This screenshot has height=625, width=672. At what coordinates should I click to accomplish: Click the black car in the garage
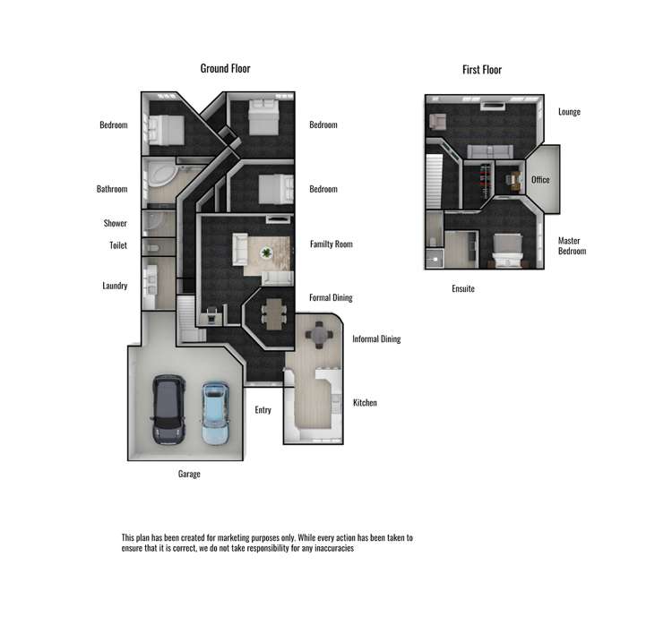click(168, 410)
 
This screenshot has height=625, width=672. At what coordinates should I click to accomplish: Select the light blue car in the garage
click(215, 414)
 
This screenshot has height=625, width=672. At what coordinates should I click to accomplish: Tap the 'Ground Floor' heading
click(225, 68)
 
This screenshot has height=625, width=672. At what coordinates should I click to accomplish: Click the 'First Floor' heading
click(482, 69)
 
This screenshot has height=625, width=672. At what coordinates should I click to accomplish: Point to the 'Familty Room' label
click(332, 244)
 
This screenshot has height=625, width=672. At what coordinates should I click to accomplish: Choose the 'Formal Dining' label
click(332, 297)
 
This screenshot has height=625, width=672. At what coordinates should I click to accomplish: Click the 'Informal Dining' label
click(376, 339)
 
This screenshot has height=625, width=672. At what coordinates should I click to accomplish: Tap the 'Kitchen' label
click(365, 403)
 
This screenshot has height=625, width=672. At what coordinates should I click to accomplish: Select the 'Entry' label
click(263, 410)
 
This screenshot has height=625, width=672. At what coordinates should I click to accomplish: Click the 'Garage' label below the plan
click(189, 474)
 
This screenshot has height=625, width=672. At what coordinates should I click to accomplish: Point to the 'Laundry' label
click(115, 287)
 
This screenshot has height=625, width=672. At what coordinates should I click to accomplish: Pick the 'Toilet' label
click(118, 245)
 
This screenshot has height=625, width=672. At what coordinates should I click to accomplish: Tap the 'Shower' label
click(115, 224)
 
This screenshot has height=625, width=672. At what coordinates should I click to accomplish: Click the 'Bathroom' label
click(112, 189)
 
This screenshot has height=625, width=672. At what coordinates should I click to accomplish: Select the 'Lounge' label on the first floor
click(569, 112)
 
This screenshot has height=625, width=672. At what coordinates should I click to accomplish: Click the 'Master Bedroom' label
click(572, 246)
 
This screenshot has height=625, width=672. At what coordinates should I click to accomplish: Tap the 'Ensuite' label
click(463, 289)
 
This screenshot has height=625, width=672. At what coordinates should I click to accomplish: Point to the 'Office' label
click(540, 180)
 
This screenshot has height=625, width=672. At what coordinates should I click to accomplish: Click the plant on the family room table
click(266, 253)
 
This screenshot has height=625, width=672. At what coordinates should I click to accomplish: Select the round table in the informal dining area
click(320, 335)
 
